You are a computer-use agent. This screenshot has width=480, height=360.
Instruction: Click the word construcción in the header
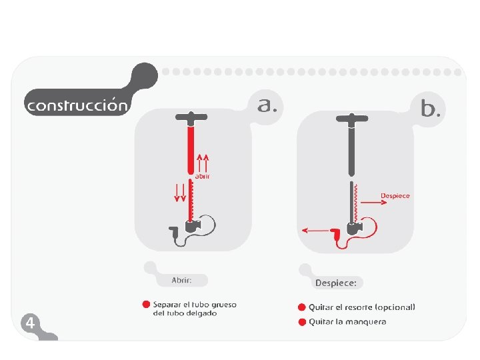pyautogui.click(x=75, y=105)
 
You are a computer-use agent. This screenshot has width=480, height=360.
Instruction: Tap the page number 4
pyautogui.click(x=29, y=323)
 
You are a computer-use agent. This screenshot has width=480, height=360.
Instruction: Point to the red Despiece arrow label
pyautogui.click(x=395, y=195)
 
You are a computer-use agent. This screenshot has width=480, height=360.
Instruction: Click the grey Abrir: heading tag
pyautogui.click(x=182, y=280)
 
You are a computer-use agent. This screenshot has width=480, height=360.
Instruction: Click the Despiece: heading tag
pyautogui.click(x=335, y=283)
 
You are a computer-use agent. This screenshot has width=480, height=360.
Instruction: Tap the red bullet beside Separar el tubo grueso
pyautogui.click(x=146, y=305)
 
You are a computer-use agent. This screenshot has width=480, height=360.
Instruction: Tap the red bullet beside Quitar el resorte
pyautogui.click(x=302, y=307)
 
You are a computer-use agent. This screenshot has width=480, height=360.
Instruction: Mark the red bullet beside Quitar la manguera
pyautogui.click(x=302, y=322)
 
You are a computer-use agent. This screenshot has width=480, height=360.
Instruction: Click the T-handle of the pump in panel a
pyautogui.click(x=191, y=118)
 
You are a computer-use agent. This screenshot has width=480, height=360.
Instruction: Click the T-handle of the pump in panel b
pyautogui.click(x=351, y=119)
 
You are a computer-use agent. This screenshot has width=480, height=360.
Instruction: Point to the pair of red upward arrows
pyautogui.click(x=204, y=160)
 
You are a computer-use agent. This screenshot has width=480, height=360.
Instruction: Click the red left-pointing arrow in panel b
pyautogui.click(x=314, y=231)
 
